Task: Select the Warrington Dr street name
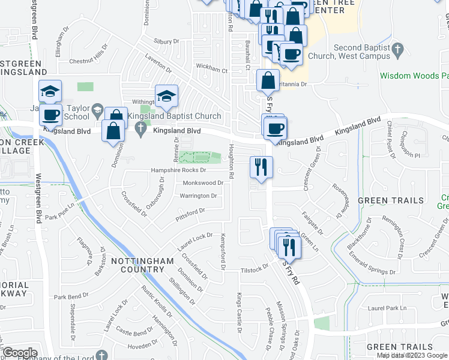[198, 196]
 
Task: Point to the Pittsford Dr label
[190, 212]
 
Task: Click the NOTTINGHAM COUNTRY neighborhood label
[142, 265]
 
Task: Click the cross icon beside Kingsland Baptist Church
[141, 127]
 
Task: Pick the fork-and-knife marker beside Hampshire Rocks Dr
[261, 166]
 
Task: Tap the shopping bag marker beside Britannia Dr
[267, 80]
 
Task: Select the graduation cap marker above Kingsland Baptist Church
[166, 95]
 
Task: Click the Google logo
[19, 353]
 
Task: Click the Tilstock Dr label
[255, 269]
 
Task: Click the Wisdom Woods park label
[415, 76]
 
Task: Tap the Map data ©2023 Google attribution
[412, 355]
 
